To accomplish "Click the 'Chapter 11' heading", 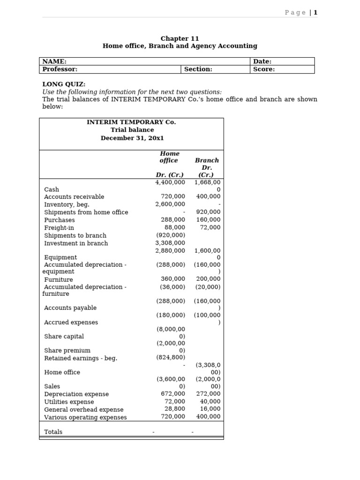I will tap(180, 38).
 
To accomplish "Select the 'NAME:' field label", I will tap(54, 61).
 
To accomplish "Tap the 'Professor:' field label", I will tap(60, 69).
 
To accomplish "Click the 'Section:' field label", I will tap(198, 69).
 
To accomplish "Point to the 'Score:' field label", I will tap(264, 69).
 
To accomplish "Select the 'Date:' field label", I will tap(262, 61).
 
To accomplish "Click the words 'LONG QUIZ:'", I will tap(64, 84).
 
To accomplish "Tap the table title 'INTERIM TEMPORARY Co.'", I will tap(131, 122).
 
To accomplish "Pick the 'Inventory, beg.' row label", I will tap(67, 204).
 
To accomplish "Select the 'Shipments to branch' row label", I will tap(75, 235).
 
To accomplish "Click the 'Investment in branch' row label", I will tap(76, 243).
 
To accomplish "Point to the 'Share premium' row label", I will tap(67, 350).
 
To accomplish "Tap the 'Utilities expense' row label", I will tap(69, 402).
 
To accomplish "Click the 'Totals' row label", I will tap(53, 432).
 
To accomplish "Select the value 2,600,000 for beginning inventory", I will tap(170, 204).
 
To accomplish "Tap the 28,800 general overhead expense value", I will tap(175, 409).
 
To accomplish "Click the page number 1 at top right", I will tap(315, 13).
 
